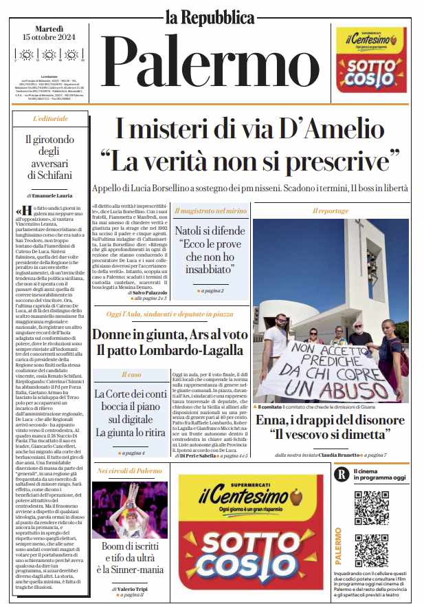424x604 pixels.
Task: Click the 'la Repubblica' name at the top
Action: click(210, 17)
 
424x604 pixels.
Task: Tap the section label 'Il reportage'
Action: click(330, 211)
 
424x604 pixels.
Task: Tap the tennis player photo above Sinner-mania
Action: click(130, 510)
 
